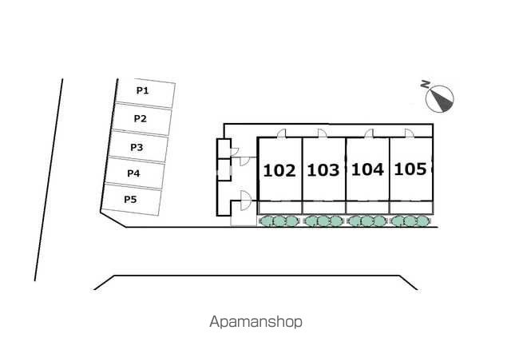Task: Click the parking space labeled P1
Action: [144, 92]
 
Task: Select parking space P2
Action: [141, 119]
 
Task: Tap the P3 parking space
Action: [138, 147]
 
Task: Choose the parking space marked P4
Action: [134, 173]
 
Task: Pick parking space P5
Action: [131, 200]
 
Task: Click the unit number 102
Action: [279, 170]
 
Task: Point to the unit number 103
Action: [323, 170]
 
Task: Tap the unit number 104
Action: [366, 169]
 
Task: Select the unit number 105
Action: [410, 169]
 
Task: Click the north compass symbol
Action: [442, 99]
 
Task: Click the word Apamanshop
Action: [255, 323]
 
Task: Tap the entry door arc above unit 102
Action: [282, 133]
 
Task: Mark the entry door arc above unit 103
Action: [321, 133]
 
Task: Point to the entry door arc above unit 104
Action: [368, 133]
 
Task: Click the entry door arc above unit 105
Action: [408, 133]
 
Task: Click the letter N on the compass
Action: [426, 85]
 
